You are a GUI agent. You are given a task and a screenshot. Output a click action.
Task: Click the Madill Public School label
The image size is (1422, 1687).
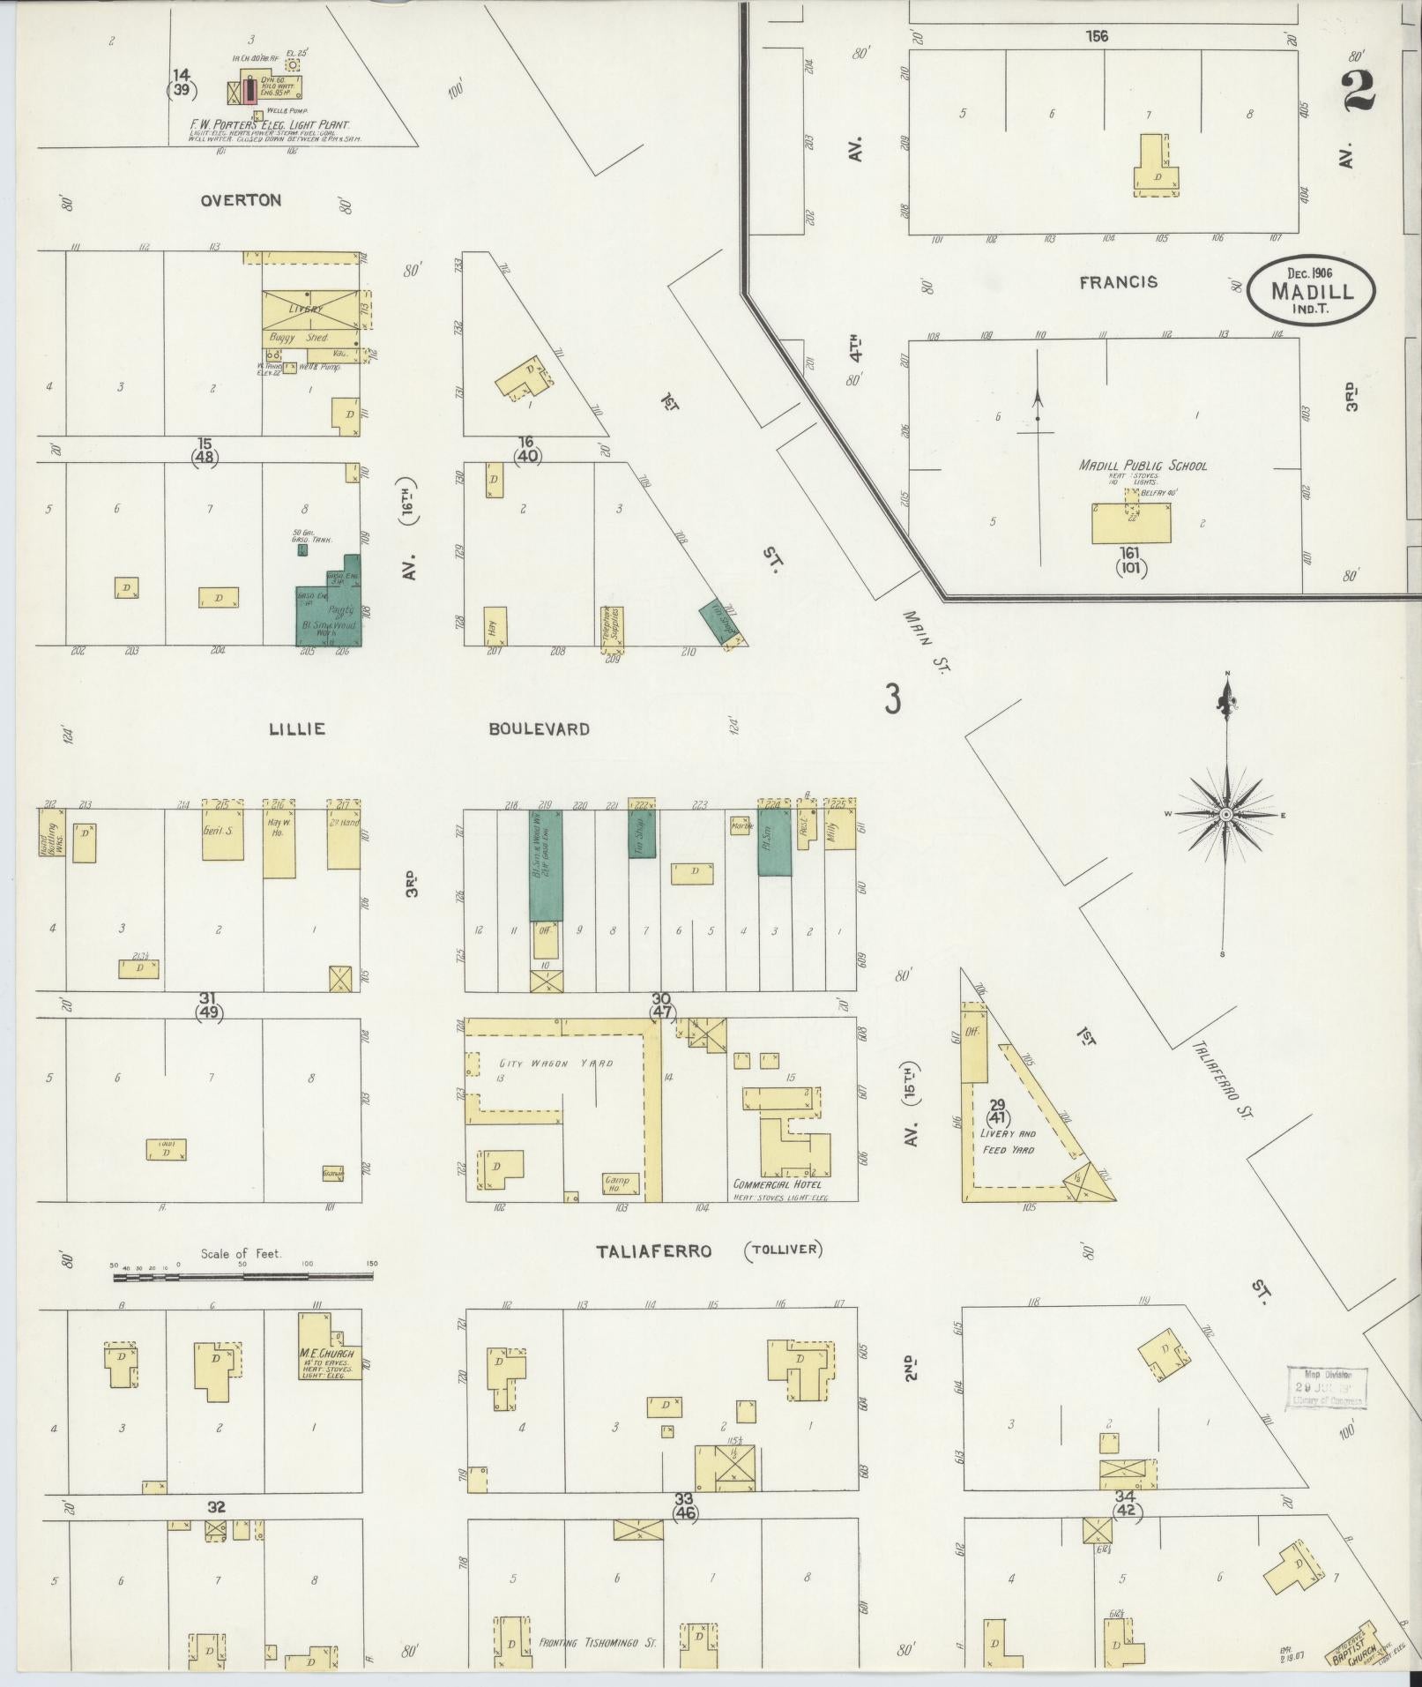[x=1143, y=466]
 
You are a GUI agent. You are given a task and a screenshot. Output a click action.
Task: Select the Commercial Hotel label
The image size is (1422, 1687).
[x=777, y=1184]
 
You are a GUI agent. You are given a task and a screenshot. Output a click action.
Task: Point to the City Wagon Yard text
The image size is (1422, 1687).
[x=555, y=1064]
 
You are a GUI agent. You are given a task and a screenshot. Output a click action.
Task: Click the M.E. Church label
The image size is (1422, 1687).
[x=326, y=1355]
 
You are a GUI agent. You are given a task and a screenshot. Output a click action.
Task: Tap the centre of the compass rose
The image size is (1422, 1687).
[x=1225, y=815]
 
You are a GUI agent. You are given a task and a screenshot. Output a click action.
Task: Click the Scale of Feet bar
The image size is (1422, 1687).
[x=242, y=1275]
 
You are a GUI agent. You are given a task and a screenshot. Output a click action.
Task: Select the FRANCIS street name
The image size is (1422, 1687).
[x=1118, y=283]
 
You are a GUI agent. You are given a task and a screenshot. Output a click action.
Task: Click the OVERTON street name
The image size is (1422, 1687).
[x=241, y=200]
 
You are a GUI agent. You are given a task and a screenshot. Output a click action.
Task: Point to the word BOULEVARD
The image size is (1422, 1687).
[x=540, y=729]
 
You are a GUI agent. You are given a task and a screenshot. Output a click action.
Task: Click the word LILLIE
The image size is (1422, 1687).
[x=297, y=729]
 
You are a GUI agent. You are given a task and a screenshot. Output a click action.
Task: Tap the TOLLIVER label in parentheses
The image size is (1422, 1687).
[x=783, y=1250]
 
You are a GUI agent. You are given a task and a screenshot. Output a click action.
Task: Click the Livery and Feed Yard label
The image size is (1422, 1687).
[x=1009, y=1141]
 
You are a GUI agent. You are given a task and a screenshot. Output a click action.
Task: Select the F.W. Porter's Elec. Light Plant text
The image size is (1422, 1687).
[x=270, y=125]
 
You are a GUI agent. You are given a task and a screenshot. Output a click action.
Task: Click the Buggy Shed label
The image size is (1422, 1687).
[x=305, y=338]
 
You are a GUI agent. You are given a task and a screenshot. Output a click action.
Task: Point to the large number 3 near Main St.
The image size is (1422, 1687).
[x=893, y=700]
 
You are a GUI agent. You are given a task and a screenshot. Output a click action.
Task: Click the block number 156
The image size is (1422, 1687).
[x=1098, y=36]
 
